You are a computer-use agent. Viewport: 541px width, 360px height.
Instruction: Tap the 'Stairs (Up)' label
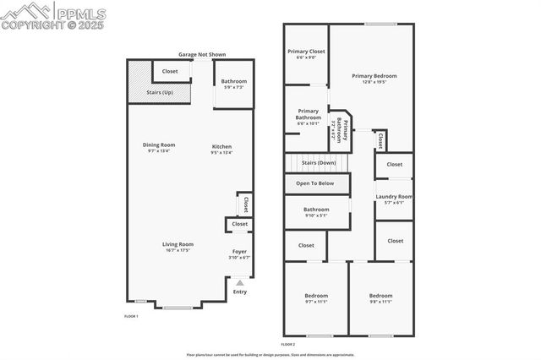point(160,92)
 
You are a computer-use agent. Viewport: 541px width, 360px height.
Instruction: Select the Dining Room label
point(159,145)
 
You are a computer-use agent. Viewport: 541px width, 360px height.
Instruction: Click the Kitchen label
point(221,146)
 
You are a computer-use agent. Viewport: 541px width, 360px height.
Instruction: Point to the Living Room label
point(178,244)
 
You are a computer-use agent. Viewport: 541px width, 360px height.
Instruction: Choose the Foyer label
point(240,251)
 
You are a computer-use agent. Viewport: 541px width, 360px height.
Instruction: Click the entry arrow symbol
point(240,283)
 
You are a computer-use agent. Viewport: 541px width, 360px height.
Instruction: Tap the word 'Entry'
point(240,292)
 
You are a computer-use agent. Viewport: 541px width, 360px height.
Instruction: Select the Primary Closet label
point(306,52)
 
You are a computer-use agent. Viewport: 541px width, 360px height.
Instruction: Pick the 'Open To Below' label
point(314,183)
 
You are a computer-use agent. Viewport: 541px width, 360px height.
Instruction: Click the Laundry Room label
point(394,197)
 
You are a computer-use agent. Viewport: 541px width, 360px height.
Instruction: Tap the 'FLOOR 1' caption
point(131,316)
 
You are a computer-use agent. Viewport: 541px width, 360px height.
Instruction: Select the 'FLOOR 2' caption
point(288,344)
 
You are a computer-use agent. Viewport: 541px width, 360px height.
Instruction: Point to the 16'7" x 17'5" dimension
point(178,250)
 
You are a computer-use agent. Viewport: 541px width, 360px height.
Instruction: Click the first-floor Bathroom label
point(234,81)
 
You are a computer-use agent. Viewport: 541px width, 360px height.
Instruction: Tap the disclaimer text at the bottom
point(270,355)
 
